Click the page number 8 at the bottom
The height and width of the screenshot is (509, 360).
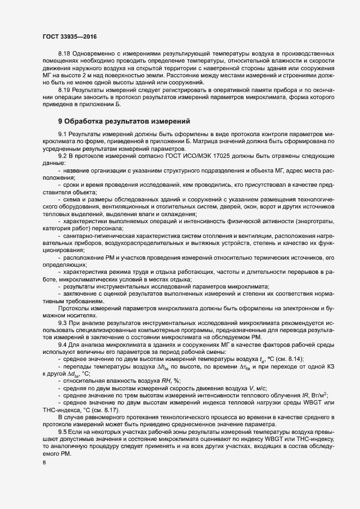(x=44, y=463)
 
